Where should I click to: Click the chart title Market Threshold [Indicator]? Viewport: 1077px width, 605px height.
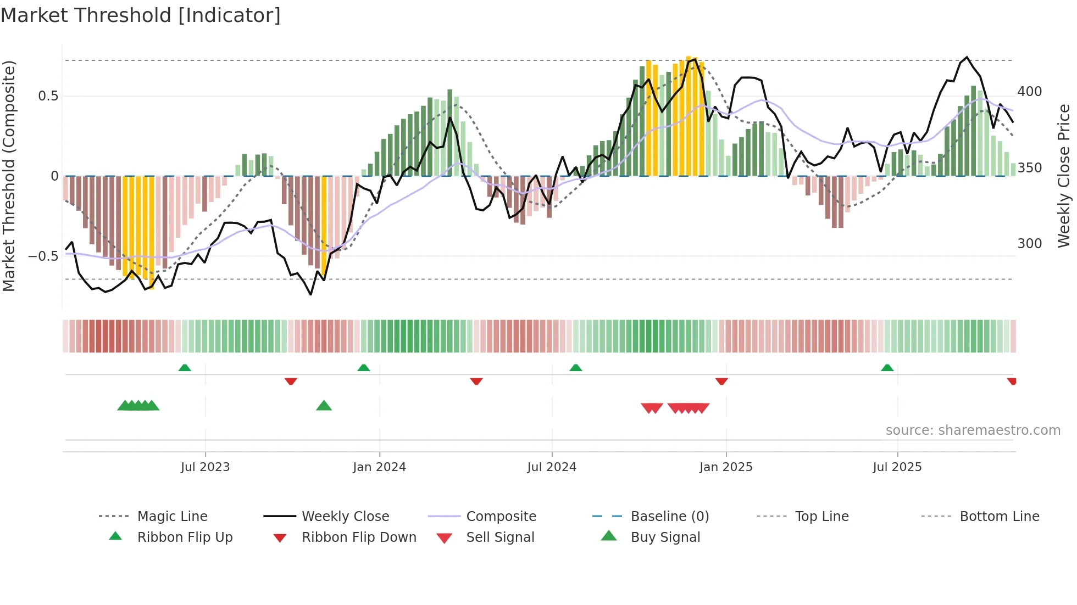(x=141, y=15)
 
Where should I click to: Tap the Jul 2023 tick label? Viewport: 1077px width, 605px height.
(x=205, y=467)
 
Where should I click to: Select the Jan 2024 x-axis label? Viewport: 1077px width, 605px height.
(x=379, y=467)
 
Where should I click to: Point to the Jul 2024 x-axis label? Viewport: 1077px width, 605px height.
(x=552, y=467)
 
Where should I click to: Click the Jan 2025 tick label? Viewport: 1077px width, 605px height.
(x=726, y=467)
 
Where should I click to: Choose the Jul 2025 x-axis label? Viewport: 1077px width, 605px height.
(x=897, y=467)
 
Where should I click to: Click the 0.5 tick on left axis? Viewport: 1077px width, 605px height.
(x=48, y=96)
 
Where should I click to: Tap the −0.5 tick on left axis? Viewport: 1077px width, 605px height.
(x=43, y=256)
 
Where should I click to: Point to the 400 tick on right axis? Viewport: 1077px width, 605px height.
(x=1029, y=92)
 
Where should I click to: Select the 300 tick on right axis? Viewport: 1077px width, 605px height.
(x=1029, y=244)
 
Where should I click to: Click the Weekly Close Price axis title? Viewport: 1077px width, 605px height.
(x=1064, y=176)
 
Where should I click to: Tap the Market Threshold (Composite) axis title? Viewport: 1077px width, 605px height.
(x=9, y=176)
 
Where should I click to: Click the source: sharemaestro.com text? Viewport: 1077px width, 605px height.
(x=973, y=430)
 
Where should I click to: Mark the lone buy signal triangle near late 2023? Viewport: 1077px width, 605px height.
(x=324, y=406)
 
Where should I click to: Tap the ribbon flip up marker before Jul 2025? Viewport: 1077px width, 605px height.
(x=887, y=368)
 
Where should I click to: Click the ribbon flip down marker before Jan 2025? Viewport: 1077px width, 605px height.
(x=721, y=381)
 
